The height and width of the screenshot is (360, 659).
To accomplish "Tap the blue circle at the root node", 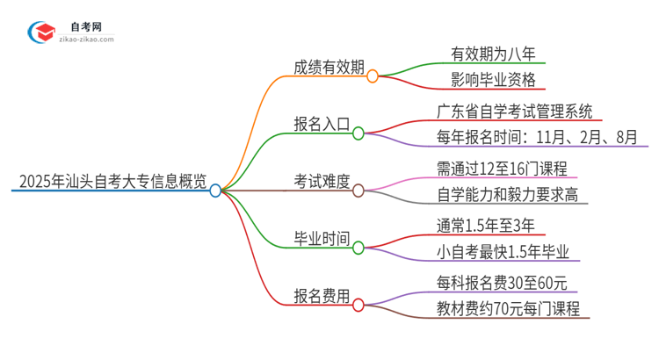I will click(x=216, y=190).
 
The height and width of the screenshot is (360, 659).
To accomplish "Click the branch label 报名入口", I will click(x=322, y=126).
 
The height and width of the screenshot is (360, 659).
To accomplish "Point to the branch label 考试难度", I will click(x=322, y=184).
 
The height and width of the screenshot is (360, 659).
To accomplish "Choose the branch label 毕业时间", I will click(x=322, y=240).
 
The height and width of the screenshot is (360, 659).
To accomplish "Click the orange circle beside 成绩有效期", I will click(x=373, y=76).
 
